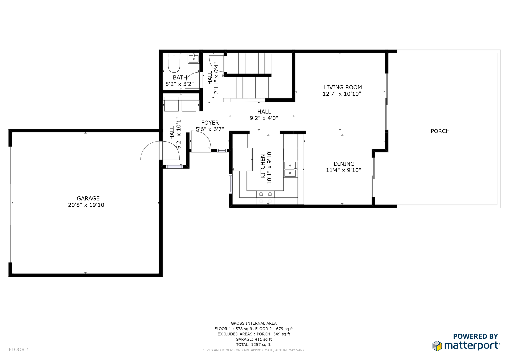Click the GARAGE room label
point(88,198)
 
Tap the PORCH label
point(440,131)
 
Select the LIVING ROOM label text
point(343,87)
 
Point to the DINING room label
point(344,164)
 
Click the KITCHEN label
point(263,166)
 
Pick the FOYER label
point(210,123)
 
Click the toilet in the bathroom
point(174,63)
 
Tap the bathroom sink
point(193,58)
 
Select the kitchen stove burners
point(265,194)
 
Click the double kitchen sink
point(290,169)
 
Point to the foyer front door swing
point(201,140)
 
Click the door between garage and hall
point(160,150)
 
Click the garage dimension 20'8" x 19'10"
point(87,205)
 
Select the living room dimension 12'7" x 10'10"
point(342,94)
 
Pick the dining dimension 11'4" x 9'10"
point(343,170)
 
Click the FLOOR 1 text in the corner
point(19,350)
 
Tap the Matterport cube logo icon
point(437,346)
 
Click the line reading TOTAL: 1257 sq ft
point(253,345)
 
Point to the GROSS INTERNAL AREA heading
point(254,323)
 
